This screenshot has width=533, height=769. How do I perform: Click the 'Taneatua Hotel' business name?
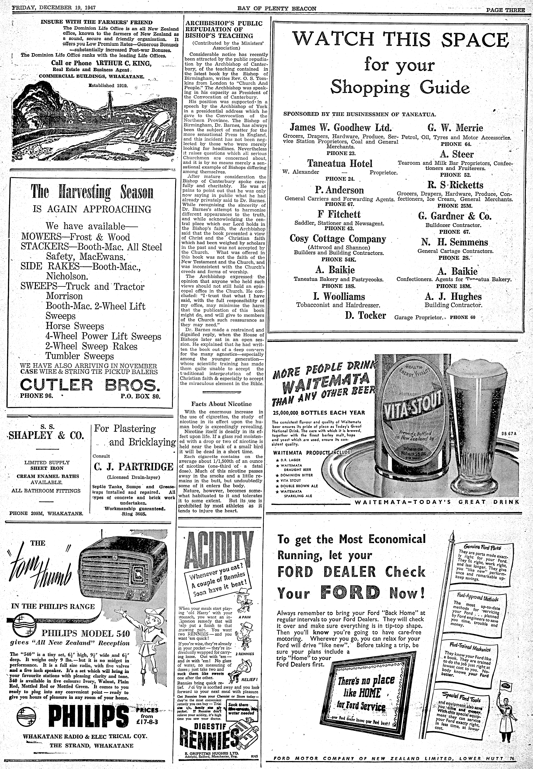coord(340,163)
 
